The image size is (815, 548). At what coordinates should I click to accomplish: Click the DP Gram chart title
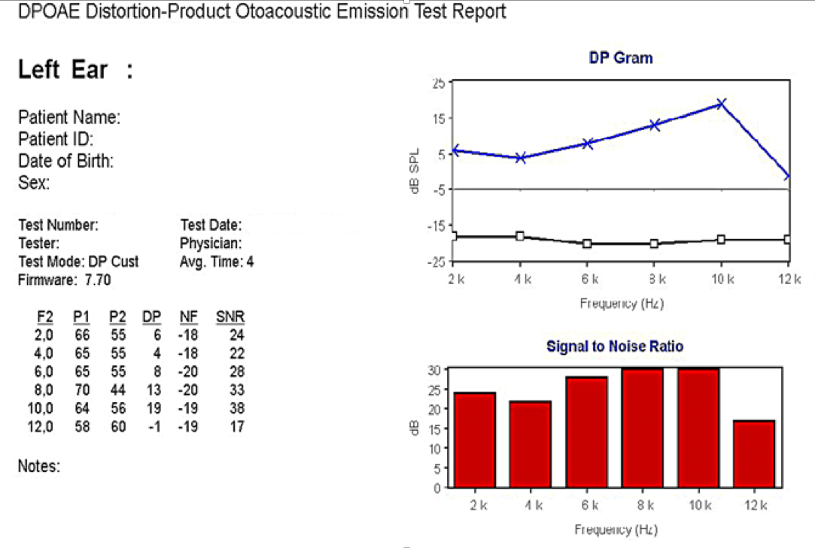point(621,58)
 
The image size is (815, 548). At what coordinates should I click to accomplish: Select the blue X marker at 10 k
point(721,104)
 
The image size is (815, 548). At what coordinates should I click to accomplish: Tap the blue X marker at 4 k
point(520,158)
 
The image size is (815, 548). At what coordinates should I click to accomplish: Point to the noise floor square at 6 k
point(587,244)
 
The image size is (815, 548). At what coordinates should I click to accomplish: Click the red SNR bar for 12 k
point(754,454)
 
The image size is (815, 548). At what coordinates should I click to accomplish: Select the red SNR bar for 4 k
point(531,444)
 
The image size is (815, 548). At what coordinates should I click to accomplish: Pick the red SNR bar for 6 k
point(586,432)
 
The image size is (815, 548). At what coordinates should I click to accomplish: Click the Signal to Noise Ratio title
point(615,347)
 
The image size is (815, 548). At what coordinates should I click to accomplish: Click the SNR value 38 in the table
point(236,409)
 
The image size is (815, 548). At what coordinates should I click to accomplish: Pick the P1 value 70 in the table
point(82,390)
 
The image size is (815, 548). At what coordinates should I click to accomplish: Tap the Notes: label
point(39,466)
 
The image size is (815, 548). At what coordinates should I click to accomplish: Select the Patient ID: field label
point(56,139)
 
